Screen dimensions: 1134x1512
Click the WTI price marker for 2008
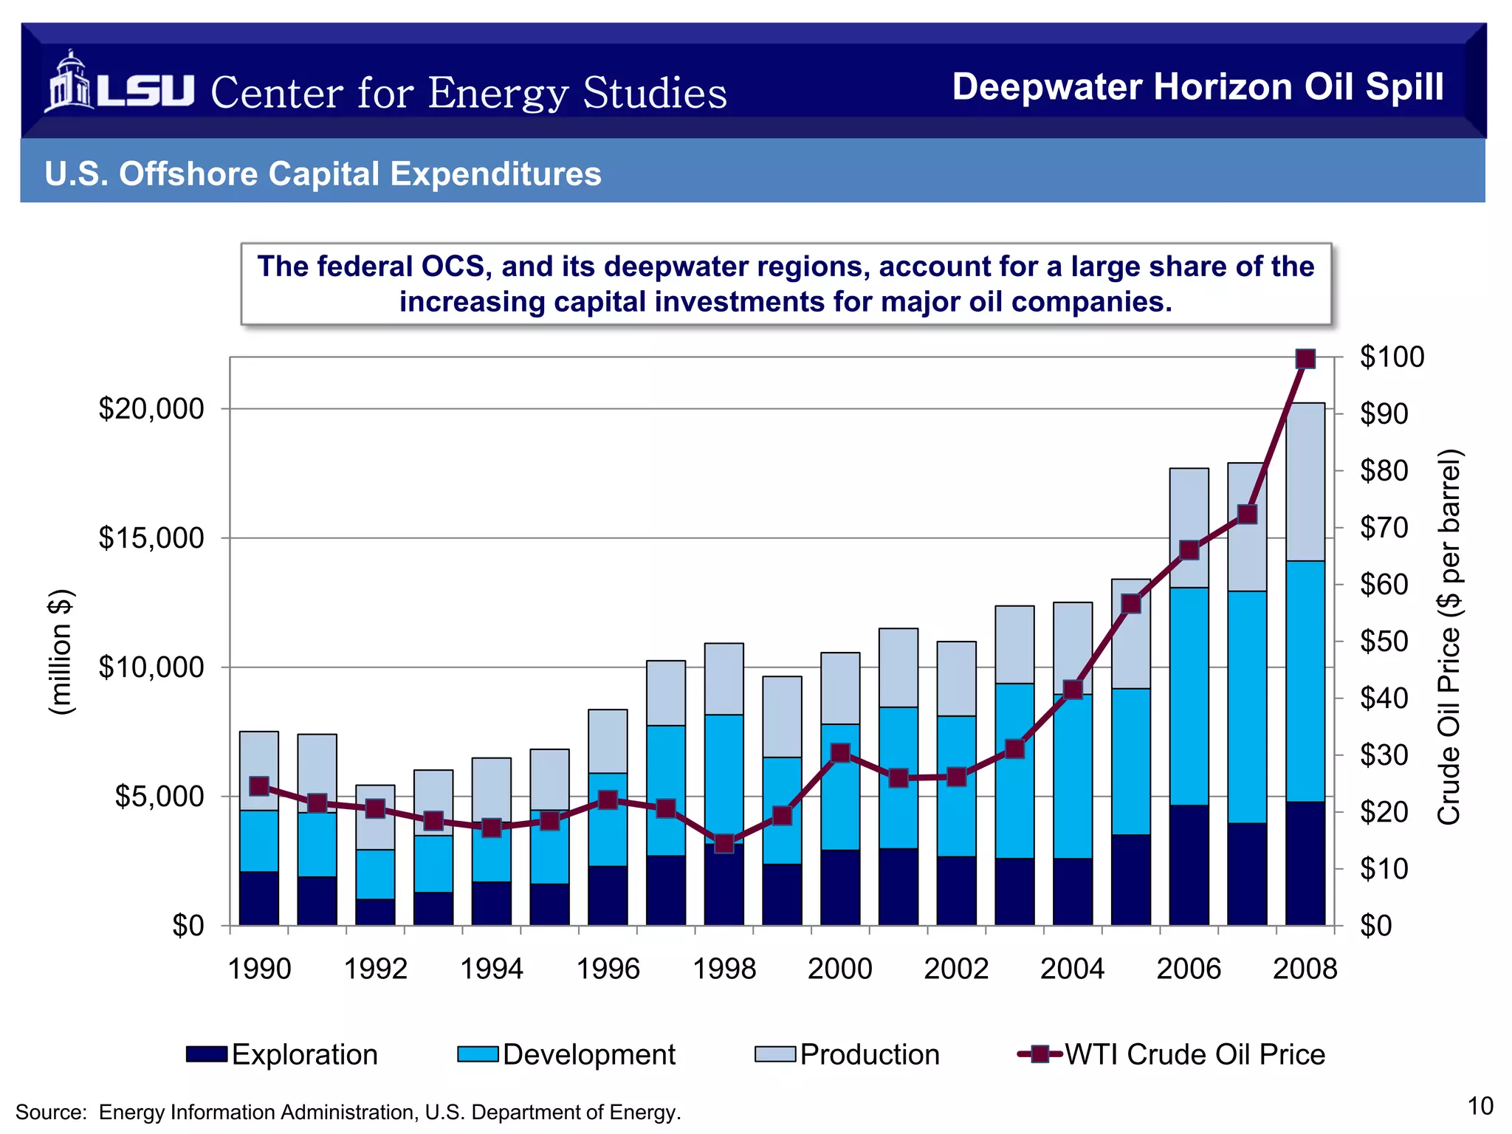1305,359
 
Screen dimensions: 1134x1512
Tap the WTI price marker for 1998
724,843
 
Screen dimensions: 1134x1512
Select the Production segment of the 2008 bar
1305,481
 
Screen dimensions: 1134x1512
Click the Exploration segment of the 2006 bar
1189,865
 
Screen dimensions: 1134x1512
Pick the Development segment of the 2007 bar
1247,707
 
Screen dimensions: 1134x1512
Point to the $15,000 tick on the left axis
151,538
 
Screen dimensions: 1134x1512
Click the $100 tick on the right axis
1392,357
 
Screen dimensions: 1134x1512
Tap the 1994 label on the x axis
492,969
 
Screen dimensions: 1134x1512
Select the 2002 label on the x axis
956,969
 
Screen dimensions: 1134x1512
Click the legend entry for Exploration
282,1054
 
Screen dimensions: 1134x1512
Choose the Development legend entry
566,1054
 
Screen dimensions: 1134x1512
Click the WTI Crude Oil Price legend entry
1171,1054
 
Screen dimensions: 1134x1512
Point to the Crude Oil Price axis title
1449,636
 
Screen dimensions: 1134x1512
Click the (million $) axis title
61,652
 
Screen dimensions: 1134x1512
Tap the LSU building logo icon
69,82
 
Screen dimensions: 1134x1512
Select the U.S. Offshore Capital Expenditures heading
323,174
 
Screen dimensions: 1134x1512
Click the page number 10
1480,1106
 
